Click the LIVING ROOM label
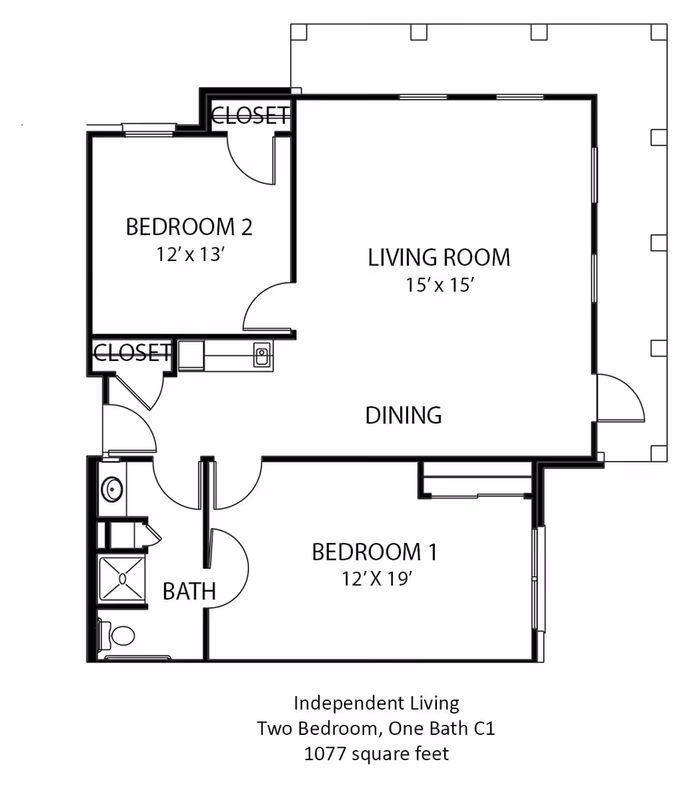pos(439,257)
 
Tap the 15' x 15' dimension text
pos(440,285)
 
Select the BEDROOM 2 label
pos(189,227)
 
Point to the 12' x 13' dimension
pos(190,255)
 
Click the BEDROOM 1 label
pos(374,552)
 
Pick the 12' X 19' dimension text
pos(377,579)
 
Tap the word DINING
pos(404,416)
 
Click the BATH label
pos(189,592)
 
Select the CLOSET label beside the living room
pos(250,116)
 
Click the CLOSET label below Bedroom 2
pos(132,353)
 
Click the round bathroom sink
pos(112,489)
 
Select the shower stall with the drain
pos(122,579)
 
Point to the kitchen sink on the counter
pos(261,355)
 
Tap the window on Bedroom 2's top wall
pos(148,130)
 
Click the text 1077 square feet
pos(376,754)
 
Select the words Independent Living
pos(376,703)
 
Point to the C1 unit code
pos(484,728)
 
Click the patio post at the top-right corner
pos(659,32)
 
